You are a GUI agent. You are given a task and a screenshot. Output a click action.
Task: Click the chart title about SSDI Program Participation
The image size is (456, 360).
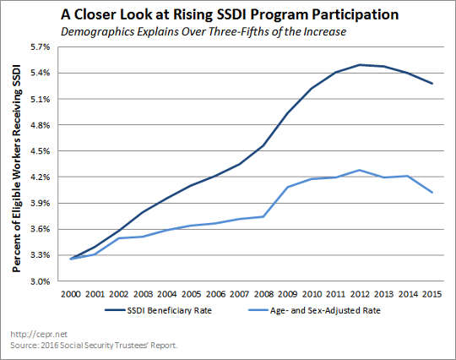click(228, 14)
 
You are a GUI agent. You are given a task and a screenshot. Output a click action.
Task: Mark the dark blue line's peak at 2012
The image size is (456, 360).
click(361, 64)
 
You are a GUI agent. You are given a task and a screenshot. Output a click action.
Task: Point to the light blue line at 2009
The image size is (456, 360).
click(288, 187)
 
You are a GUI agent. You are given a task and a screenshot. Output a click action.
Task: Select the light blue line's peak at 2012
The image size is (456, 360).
click(361, 170)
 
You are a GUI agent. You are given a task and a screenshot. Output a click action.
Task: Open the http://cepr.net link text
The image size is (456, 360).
click(28, 335)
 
